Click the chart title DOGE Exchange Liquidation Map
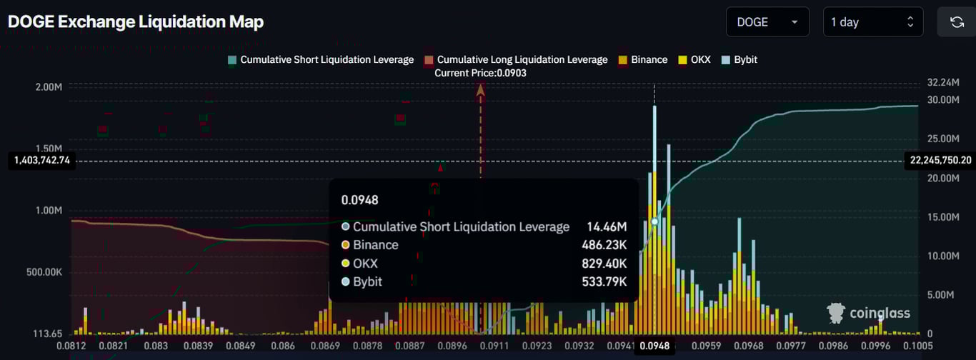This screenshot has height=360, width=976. tap(136, 22)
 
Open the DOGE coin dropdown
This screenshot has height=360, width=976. tap(767, 22)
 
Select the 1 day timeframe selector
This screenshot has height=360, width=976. tap(872, 22)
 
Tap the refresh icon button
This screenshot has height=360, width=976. tap(957, 22)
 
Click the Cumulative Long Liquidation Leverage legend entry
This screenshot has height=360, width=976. tap(516, 59)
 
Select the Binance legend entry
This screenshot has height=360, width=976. tap(643, 59)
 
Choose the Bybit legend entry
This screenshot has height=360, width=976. tap(740, 59)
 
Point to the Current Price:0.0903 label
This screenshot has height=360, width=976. tap(481, 73)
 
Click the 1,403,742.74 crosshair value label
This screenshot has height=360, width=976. tap(41, 160)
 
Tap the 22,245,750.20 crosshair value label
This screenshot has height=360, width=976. tap(940, 160)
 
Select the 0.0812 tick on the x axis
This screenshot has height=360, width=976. tap(71, 346)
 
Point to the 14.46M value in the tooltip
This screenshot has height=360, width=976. tap(607, 226)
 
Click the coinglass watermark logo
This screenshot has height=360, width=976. tap(868, 312)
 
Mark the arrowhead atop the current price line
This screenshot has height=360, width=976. tap(481, 89)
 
